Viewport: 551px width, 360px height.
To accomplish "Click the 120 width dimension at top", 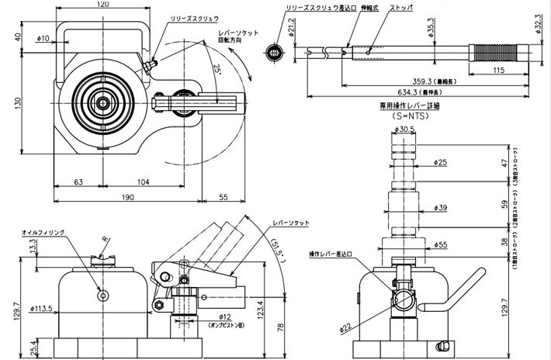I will [102, 5].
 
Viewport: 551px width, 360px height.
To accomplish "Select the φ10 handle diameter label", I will [43, 36].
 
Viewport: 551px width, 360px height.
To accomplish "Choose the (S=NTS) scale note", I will [405, 115].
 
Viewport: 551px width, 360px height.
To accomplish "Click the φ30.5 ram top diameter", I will [405, 130].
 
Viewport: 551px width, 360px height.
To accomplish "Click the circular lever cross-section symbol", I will [272, 52].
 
